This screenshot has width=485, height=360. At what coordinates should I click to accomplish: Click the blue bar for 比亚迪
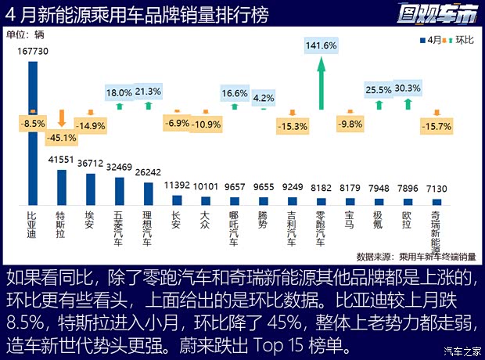click(33, 133)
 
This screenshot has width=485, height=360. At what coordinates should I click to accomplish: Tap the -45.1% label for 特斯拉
click(62, 138)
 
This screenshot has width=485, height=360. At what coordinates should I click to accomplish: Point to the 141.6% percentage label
click(321, 46)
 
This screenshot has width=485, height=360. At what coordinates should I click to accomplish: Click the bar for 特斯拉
click(62, 188)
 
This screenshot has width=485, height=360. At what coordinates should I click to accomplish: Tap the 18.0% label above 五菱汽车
click(120, 92)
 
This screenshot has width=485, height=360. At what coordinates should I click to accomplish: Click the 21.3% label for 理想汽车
click(148, 92)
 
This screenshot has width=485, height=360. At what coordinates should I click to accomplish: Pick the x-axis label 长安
click(177, 218)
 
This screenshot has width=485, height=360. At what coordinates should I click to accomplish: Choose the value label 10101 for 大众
click(205, 186)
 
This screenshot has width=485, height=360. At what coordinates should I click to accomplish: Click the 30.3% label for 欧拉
click(408, 88)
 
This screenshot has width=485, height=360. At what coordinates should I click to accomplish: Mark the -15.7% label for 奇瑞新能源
click(436, 126)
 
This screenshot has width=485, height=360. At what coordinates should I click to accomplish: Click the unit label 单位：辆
click(27, 34)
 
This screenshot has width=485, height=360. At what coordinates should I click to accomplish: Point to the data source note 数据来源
click(415, 256)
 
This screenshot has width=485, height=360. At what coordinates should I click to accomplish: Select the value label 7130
click(436, 189)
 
